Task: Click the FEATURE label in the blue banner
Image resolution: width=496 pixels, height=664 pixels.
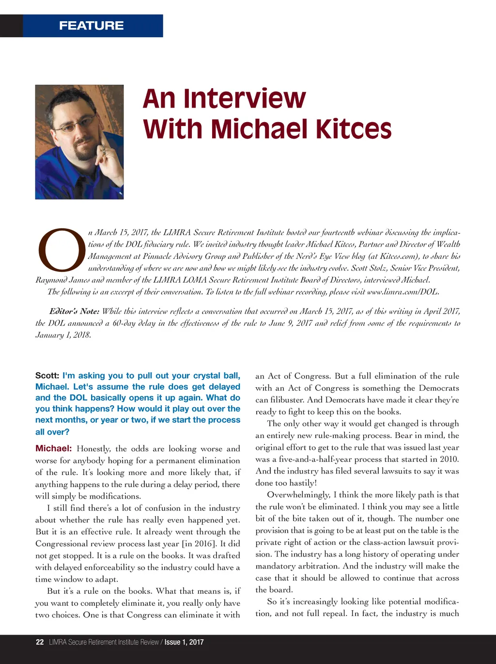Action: click(x=91, y=26)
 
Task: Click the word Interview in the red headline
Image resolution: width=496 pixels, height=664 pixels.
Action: click(x=245, y=98)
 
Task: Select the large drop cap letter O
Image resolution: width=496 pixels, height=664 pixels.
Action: click(x=62, y=250)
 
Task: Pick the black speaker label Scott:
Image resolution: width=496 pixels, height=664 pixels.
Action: click(x=47, y=376)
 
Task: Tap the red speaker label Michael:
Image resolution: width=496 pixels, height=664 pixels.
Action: click(x=53, y=448)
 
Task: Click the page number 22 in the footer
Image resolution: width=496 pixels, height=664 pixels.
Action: click(x=40, y=642)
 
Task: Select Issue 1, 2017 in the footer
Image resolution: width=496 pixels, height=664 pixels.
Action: click(x=184, y=642)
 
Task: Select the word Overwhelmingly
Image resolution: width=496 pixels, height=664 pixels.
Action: click(x=297, y=495)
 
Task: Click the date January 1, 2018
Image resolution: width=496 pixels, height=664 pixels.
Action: click(x=62, y=335)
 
